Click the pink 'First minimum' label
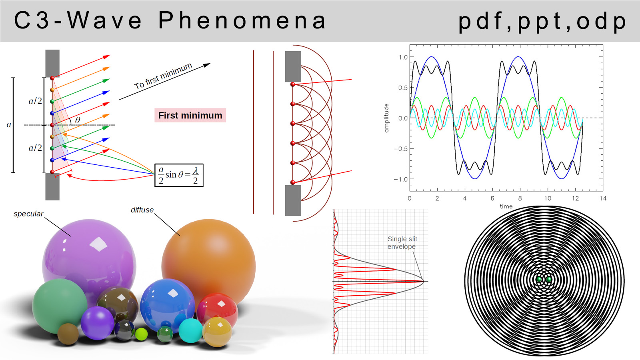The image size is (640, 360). pyautogui.click(x=190, y=115)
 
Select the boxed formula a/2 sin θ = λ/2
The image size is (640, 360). pyautogui.click(x=179, y=175)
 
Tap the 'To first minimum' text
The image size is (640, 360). pyautogui.click(x=163, y=76)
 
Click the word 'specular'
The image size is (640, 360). pyautogui.click(x=28, y=214)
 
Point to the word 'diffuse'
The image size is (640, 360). pyautogui.click(x=142, y=210)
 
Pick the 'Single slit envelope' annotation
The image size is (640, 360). pyautogui.click(x=402, y=242)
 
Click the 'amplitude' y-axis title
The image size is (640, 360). pyautogui.click(x=386, y=118)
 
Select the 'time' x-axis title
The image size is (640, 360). pyautogui.click(x=506, y=206)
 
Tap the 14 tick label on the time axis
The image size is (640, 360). pyautogui.click(x=603, y=198)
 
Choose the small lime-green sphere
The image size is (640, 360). pyautogui.click(x=141, y=334)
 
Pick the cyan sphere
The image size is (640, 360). pyautogui.click(x=190, y=330)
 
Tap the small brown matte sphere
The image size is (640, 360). pyautogui.click(x=68, y=334)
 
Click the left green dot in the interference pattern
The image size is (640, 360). pyautogui.click(x=539, y=280)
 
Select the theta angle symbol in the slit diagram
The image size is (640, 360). pyautogui.click(x=78, y=120)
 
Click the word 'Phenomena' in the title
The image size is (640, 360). pyautogui.click(x=242, y=20)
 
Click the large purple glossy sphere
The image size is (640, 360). pyautogui.click(x=89, y=263)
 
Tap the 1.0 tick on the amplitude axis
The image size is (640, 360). pyautogui.click(x=403, y=57)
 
